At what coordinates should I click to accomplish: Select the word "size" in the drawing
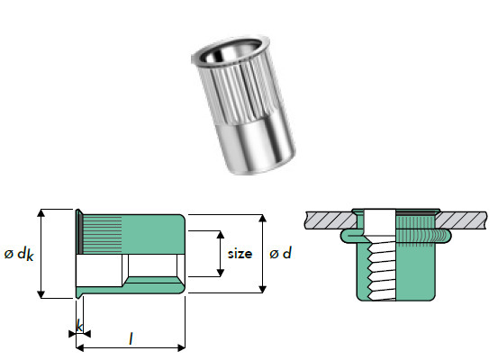[240, 254]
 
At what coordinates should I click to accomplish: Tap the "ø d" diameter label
[281, 255]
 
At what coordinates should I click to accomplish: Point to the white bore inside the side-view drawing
[99, 266]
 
